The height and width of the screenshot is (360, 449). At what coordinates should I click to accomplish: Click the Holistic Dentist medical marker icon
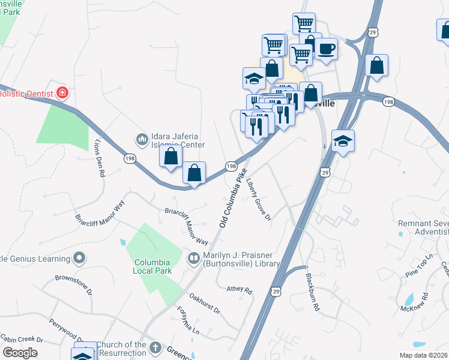[x=61, y=93]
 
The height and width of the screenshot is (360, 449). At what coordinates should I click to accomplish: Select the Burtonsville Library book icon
[x=194, y=259]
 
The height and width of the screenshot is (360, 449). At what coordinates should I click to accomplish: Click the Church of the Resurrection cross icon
[x=155, y=347]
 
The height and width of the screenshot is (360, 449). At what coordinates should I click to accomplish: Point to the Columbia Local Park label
[x=152, y=266]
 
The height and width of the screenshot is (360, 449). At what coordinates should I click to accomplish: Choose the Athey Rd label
[x=240, y=289]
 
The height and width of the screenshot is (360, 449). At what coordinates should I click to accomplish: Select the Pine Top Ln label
[x=418, y=265]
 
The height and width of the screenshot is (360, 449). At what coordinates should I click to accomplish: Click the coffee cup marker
[x=327, y=49]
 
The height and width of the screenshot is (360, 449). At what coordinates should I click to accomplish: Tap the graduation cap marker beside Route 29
[x=343, y=142]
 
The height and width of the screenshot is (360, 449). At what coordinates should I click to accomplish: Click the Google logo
[x=20, y=353]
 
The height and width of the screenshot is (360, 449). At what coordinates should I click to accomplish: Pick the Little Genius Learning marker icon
[x=79, y=259]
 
